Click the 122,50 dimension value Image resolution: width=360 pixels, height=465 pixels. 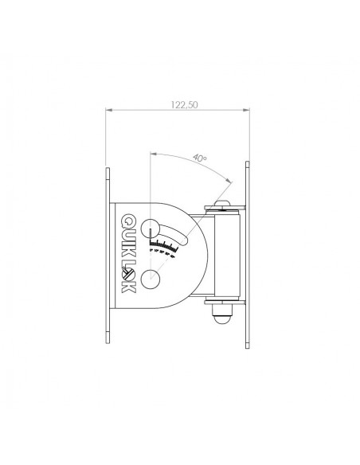(x=184, y=104)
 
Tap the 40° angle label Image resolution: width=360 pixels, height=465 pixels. (x=200, y=158)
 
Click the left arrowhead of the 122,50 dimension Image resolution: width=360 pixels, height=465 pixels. (x=109, y=110)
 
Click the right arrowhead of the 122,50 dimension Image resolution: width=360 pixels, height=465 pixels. (x=246, y=110)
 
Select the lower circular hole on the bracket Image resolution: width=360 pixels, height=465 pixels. (x=151, y=279)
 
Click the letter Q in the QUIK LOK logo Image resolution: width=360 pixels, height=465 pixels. (x=128, y=221)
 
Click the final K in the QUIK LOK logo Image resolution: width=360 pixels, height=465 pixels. (x=128, y=287)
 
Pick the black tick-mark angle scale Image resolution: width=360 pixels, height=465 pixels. (x=164, y=244)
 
